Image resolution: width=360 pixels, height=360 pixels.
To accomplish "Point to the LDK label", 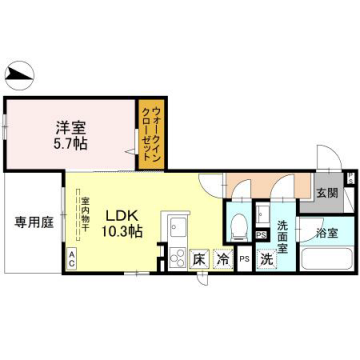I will tap(122, 213).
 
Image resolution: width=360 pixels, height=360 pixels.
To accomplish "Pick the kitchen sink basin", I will tap(177, 225).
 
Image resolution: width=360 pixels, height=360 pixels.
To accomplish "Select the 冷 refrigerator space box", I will tap(222, 258).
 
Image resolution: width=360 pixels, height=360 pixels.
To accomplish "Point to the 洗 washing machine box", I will tap(266, 258).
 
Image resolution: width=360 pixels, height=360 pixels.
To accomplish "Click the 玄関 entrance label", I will tap(327, 193).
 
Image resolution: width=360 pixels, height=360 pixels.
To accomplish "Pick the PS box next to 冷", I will tap(243, 259).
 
